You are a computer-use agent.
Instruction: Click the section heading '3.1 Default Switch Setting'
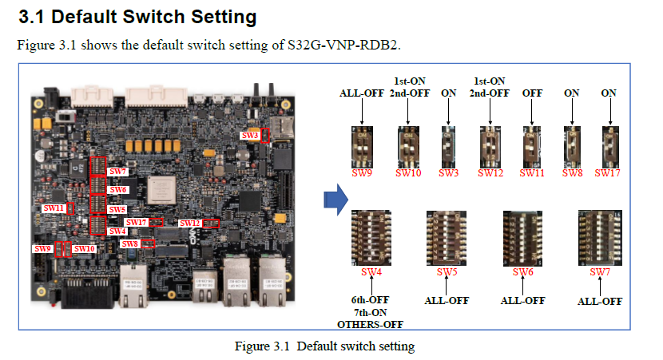[x=137, y=16]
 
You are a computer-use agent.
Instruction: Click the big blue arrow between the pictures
[x=335, y=198]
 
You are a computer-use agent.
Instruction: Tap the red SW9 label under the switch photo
[x=363, y=172]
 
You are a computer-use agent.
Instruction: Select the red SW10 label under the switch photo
[x=409, y=172]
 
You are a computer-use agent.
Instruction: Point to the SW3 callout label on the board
[x=250, y=136]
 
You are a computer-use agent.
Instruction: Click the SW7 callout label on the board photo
[x=117, y=172]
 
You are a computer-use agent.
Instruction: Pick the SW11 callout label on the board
[x=54, y=208]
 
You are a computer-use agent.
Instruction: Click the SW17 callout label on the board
[x=137, y=222]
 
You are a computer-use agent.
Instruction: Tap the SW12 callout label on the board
[x=190, y=223]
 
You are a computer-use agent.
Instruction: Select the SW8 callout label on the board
[x=129, y=243]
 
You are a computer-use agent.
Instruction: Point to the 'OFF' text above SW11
[x=532, y=93]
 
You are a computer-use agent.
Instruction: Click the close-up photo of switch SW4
[x=371, y=237]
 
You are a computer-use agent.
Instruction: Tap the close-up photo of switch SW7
[x=599, y=237]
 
